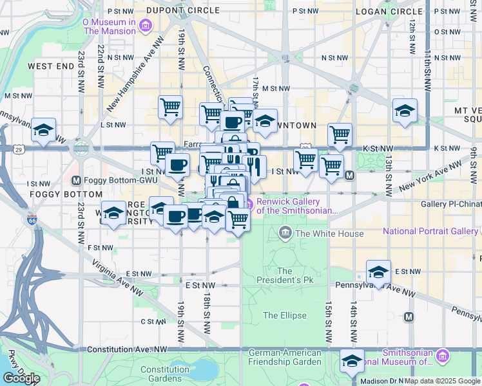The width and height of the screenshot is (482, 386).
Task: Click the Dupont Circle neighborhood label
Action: (x=174, y=11)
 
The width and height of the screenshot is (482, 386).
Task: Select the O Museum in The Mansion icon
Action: (x=145, y=26)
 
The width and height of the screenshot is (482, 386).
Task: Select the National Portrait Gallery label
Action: (x=430, y=231)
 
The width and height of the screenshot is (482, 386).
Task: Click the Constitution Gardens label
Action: (x=165, y=374)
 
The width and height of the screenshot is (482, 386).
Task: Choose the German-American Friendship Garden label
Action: (x=285, y=357)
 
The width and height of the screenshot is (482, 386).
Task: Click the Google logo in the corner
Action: (x=21, y=378)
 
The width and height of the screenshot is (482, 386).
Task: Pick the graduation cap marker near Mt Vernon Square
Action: (x=405, y=111)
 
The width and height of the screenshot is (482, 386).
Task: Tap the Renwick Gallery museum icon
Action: (x=249, y=205)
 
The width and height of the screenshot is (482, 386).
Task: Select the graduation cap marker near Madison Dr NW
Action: (x=352, y=361)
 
